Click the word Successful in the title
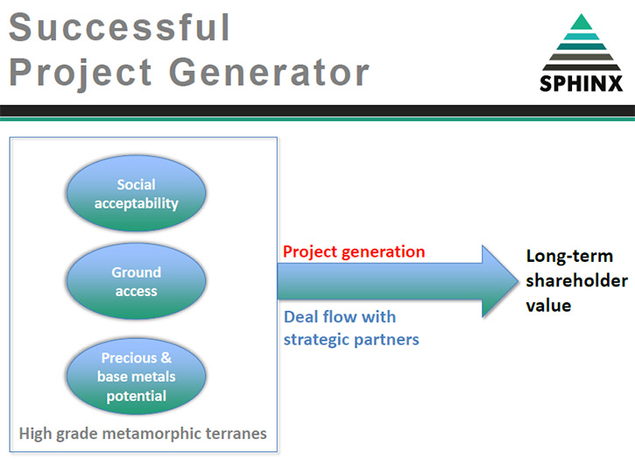pos(119,27)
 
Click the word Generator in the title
pos(269,72)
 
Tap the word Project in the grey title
pos(81,73)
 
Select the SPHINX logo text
pos(582,84)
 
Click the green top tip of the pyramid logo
pos(582,17)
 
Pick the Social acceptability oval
pos(136,194)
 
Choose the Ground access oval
pos(136,281)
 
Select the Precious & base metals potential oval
pos(136,377)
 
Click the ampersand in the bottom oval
pos(166,357)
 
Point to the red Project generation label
pos(354,252)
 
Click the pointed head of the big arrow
pos(517,281)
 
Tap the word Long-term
pos(569,257)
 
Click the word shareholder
pos(576,280)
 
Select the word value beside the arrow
pos(548,306)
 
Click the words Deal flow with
pos(340,317)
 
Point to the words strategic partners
pos(351,340)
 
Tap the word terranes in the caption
pos(236,434)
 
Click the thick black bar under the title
pos(317,110)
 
